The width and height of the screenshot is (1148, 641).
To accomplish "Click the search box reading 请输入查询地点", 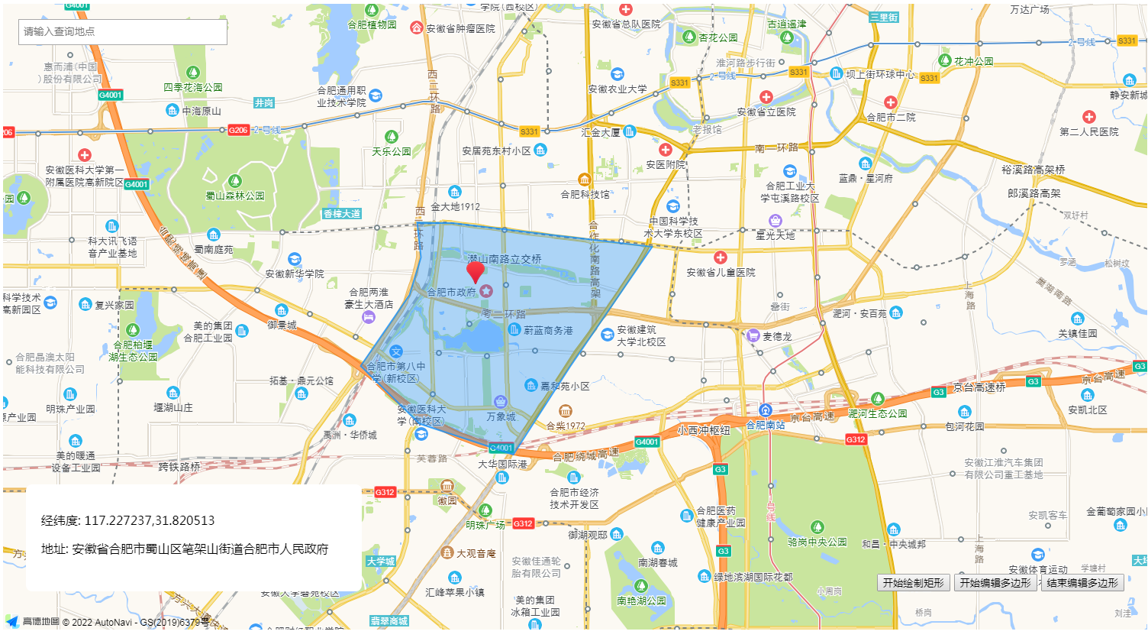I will (x=122, y=32).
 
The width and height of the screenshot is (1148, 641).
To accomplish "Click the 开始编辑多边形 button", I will (x=995, y=583).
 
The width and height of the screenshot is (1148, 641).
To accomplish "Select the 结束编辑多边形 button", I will (x=1082, y=583).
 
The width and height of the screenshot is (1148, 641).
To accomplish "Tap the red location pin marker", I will (x=476, y=271).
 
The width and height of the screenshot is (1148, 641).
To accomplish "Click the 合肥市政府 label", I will (x=451, y=292).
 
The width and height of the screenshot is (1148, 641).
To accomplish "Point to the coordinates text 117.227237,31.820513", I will (x=149, y=521).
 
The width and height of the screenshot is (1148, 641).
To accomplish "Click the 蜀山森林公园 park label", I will (x=234, y=196).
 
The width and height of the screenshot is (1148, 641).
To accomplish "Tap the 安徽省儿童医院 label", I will (x=721, y=272).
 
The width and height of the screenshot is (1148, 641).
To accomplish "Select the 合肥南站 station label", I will (x=765, y=425).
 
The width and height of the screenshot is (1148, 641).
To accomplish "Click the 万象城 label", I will (x=501, y=416).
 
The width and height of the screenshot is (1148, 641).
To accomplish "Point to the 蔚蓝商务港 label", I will (x=547, y=330).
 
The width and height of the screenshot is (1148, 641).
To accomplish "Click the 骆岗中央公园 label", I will (x=817, y=542).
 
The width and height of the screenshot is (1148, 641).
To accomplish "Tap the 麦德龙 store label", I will (x=776, y=336).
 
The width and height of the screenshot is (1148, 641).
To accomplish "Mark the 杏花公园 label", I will (x=718, y=37).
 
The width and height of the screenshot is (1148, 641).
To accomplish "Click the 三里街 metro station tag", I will (x=883, y=17).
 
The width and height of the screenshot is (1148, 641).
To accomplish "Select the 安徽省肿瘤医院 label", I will (x=460, y=28).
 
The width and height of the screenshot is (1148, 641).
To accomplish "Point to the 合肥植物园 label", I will (x=372, y=24).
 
